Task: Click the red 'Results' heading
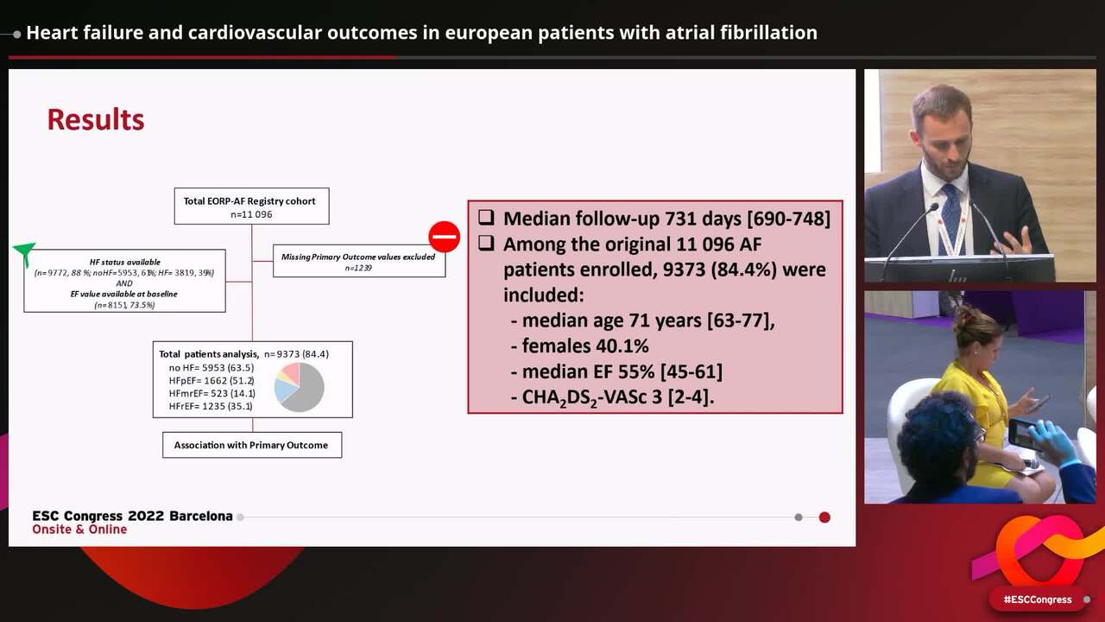pos(96,119)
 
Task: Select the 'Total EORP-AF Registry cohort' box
pos(250,206)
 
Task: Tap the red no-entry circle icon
pos(445,237)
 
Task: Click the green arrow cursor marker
pos(24,252)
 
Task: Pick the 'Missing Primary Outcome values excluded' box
pos(358,262)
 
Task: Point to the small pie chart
pos(300,387)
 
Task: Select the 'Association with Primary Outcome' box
pos(251,445)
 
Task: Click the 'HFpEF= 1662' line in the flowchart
pos(212,380)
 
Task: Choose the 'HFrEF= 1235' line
pos(212,406)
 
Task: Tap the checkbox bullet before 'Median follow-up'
pos(486,219)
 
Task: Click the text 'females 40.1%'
pos(585,346)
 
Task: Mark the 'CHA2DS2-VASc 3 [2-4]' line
pos(618,397)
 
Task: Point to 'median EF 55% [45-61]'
pos(622,371)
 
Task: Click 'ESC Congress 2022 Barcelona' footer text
pos(132,516)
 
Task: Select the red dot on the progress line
pos(824,517)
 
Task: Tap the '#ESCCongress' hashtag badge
pos(1038,600)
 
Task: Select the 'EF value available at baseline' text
pos(124,294)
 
